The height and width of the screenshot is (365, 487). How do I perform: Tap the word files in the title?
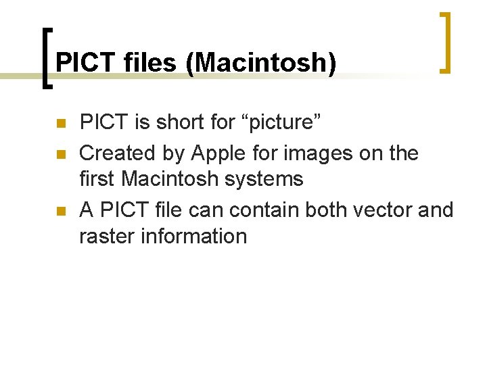coord(151,63)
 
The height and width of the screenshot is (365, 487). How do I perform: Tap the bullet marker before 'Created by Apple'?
coord(60,155)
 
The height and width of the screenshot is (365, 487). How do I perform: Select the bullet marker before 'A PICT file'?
coord(60,212)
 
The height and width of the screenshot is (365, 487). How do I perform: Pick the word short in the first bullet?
coord(181,123)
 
